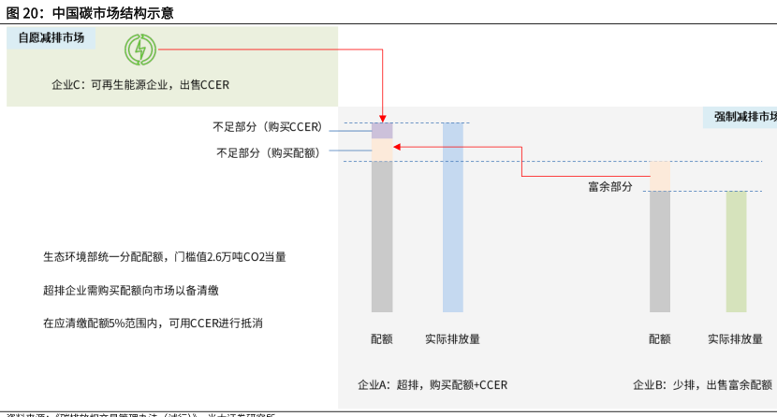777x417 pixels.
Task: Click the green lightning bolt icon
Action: click(139, 49)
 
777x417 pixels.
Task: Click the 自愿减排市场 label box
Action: click(51, 38)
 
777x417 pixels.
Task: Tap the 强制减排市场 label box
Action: click(742, 117)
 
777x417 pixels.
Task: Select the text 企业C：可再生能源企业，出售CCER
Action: click(140, 84)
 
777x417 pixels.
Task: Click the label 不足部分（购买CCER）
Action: click(267, 127)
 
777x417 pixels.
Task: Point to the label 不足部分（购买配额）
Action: click(268, 151)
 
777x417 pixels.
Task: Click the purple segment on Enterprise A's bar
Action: click(382, 131)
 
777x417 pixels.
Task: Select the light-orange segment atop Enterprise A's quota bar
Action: click(382, 150)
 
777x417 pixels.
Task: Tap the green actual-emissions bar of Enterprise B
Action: click(737, 252)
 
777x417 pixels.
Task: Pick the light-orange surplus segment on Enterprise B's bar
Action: click(660, 176)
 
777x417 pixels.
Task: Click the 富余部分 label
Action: click(609, 187)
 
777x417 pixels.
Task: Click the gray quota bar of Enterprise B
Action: click(660, 252)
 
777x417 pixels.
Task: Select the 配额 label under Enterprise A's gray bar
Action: click(382, 339)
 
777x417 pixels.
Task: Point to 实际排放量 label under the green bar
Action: click(736, 339)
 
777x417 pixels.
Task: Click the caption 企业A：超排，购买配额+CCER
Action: click(432, 384)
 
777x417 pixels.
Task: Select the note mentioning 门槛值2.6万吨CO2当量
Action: click(165, 256)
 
